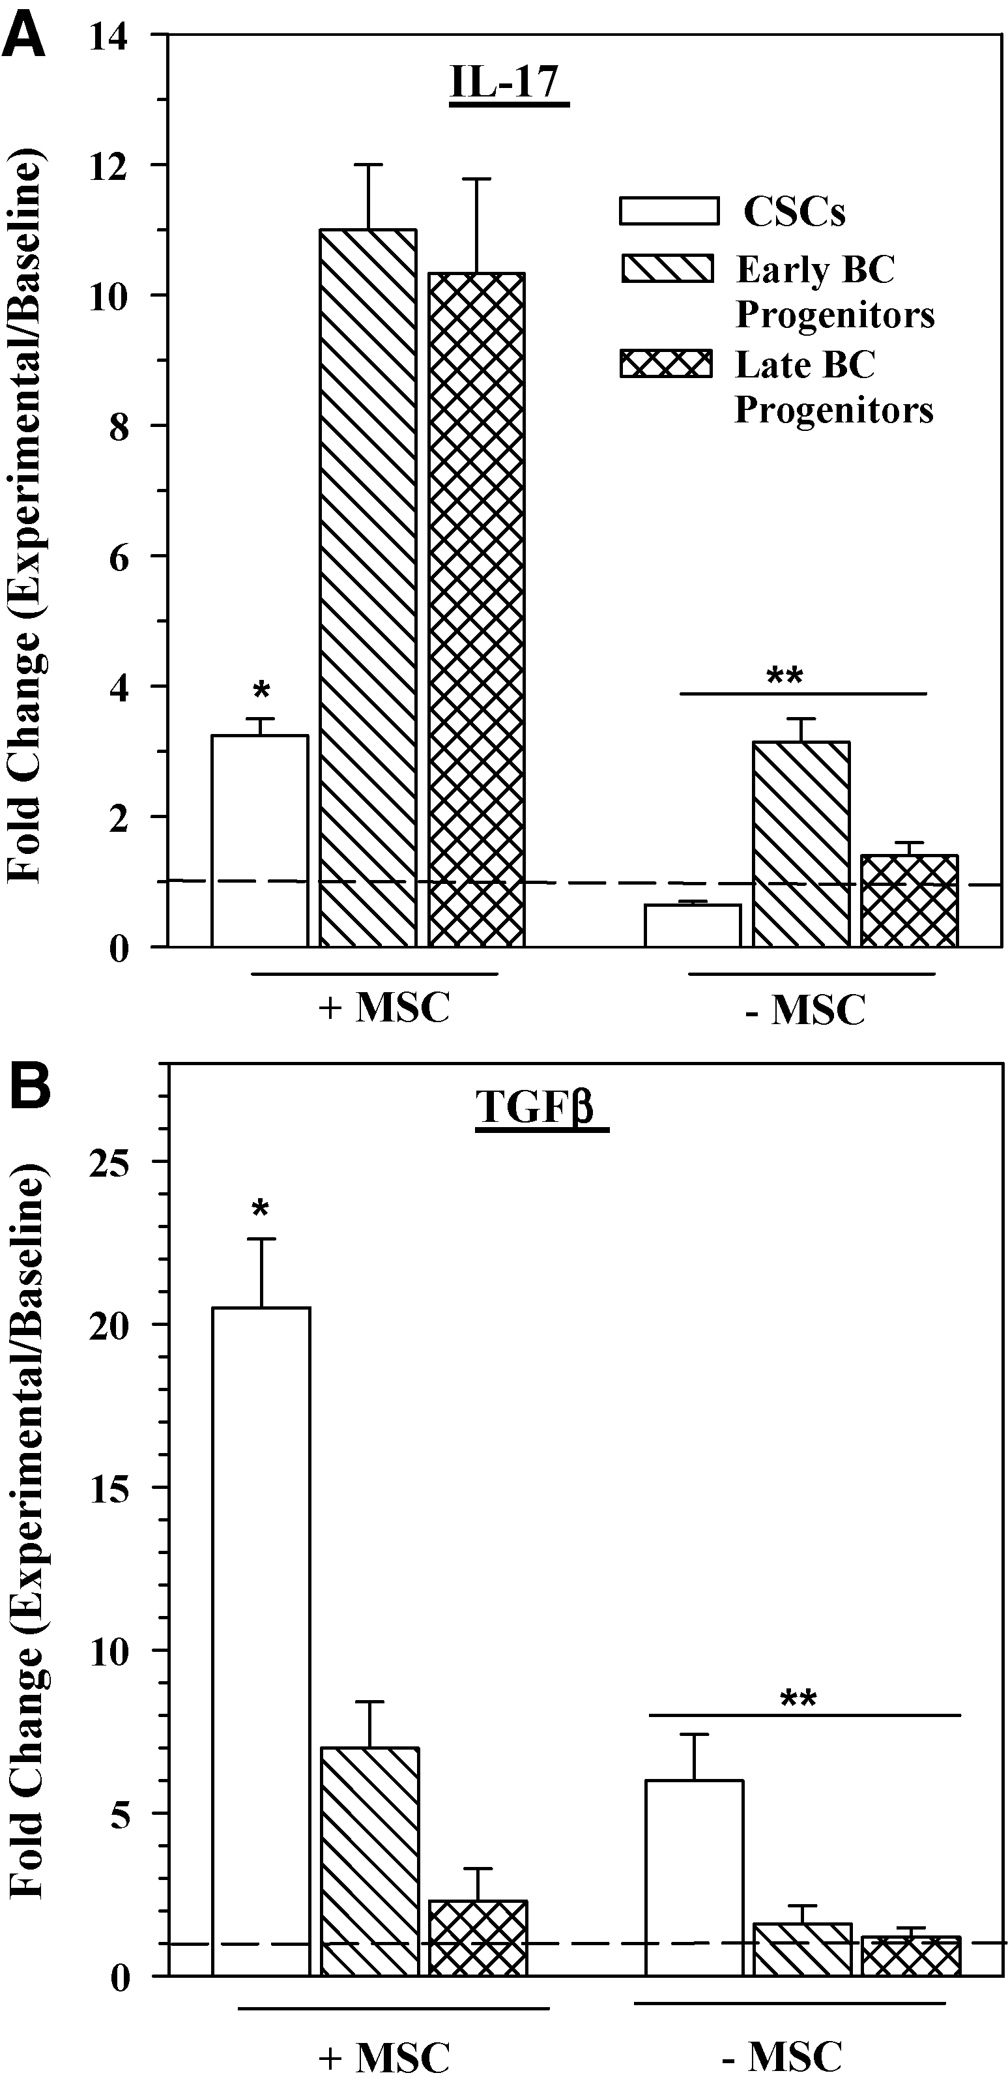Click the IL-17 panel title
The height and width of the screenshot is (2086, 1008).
[508, 83]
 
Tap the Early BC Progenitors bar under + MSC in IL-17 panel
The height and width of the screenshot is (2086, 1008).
[368, 587]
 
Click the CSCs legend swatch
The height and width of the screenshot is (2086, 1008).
[669, 211]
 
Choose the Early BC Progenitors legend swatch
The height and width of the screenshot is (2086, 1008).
[667, 269]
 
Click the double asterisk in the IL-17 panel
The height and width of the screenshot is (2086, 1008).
[784, 675]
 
